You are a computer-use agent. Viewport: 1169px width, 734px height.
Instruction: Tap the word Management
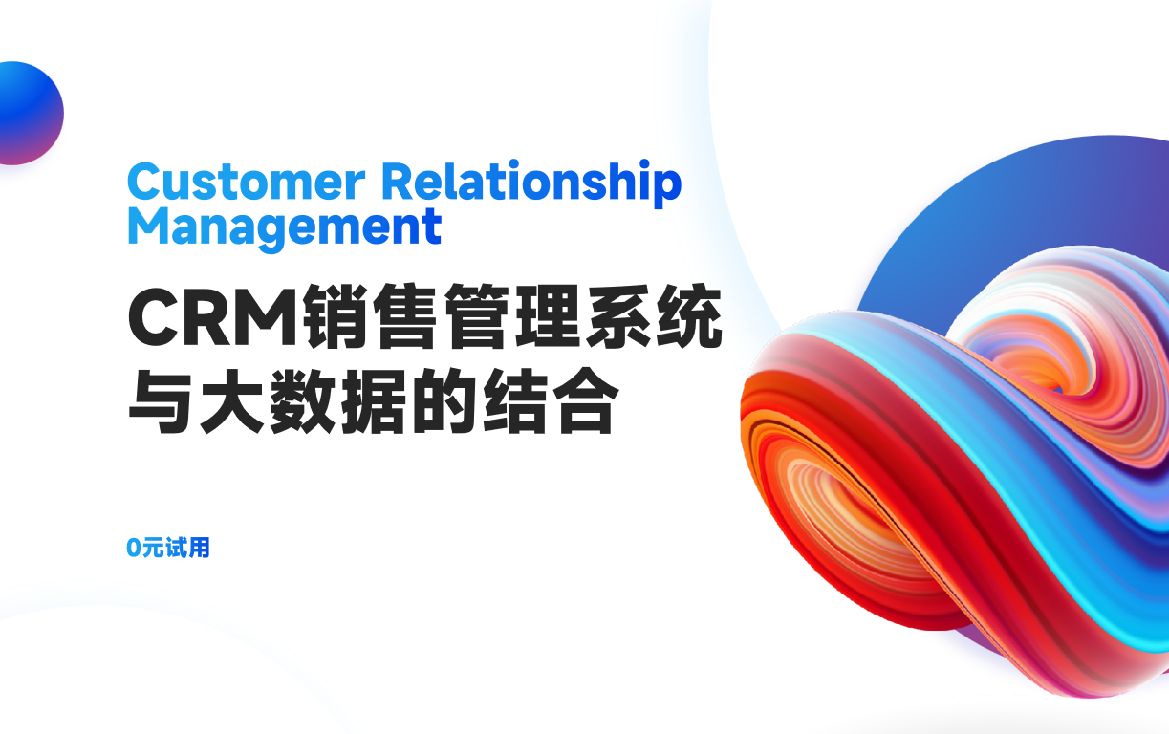click(284, 227)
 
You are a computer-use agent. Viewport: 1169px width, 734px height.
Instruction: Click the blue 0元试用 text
click(168, 548)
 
